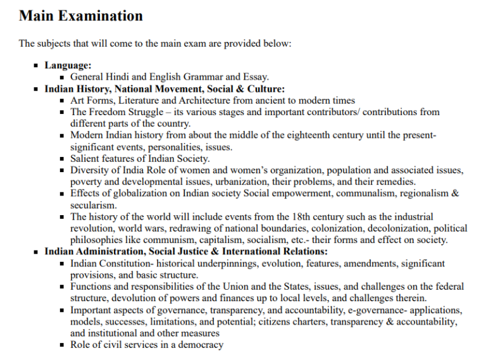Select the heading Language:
coord(68,65)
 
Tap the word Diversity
coord(90,170)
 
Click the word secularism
coord(93,206)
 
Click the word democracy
coord(199,345)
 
